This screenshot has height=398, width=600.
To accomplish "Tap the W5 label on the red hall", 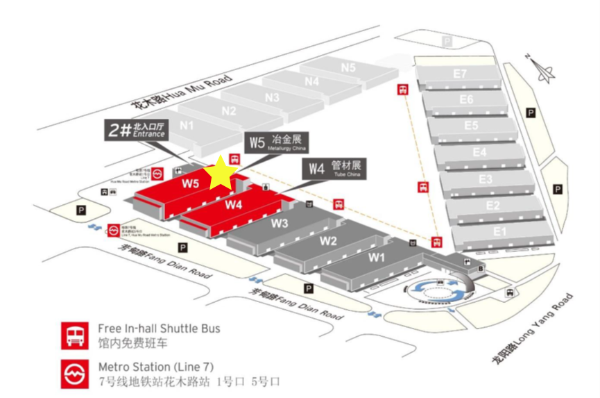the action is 191,184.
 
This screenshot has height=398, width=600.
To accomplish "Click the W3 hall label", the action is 280,223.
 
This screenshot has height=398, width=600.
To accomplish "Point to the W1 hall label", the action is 376,257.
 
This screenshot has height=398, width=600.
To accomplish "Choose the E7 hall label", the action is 460,74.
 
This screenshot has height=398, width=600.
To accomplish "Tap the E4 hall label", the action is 479,151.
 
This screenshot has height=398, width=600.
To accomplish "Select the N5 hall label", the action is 348,67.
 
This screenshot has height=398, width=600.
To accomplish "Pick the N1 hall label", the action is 186,125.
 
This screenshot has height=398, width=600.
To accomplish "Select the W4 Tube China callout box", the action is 336,167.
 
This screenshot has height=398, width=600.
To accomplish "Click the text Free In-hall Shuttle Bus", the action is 159,329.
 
